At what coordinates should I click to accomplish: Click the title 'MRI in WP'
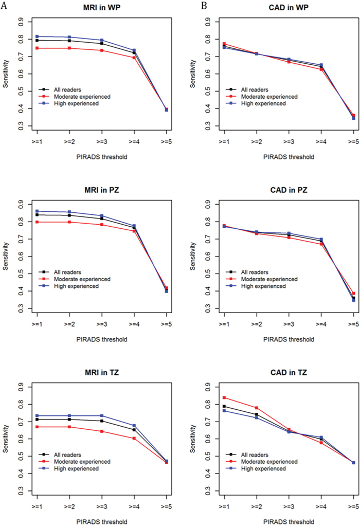tap(102, 7)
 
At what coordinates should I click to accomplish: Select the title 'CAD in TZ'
tap(289, 372)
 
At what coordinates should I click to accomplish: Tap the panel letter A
tap(4, 6)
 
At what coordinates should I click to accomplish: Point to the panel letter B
tap(204, 6)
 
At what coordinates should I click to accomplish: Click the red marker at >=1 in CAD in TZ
tap(224, 398)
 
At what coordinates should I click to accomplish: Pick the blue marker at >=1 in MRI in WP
tap(37, 37)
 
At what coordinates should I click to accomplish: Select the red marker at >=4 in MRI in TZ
tap(134, 439)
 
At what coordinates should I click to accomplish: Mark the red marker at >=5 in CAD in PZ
tap(353, 294)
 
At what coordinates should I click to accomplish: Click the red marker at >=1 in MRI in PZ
tap(37, 222)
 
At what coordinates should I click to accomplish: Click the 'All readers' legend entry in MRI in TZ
tap(60, 455)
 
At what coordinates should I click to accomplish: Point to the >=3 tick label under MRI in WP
tap(102, 142)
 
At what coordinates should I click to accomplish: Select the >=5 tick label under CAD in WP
tap(353, 142)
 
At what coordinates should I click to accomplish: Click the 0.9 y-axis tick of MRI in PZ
tap(21, 205)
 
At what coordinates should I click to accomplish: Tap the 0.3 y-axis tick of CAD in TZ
tap(208, 491)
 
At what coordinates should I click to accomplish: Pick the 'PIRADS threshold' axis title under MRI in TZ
tap(102, 522)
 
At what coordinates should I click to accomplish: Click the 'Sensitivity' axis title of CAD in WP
tap(193, 74)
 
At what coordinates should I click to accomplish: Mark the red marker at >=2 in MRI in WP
tap(69, 48)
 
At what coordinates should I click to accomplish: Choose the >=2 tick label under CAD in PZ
tap(256, 324)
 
